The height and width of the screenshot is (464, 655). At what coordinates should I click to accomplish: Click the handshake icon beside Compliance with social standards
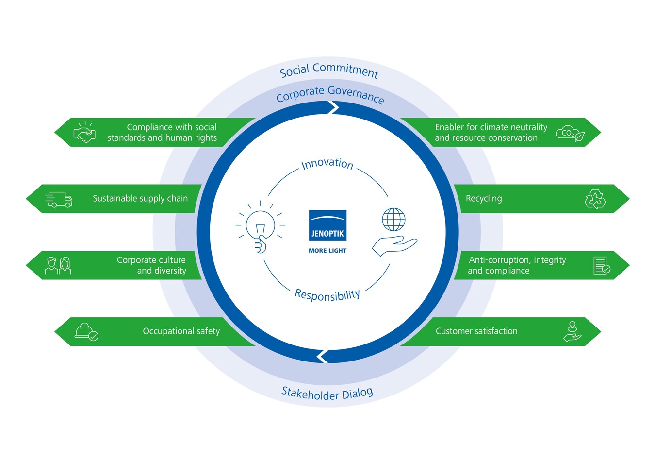point(84,132)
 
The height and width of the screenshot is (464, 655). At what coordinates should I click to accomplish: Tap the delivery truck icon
point(59,199)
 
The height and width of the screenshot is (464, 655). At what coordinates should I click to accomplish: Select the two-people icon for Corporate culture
point(58,265)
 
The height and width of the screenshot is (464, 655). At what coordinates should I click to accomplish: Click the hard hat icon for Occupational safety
point(86,332)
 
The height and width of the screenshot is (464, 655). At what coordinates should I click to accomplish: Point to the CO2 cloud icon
point(570,134)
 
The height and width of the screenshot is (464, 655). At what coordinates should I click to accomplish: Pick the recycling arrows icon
point(595,199)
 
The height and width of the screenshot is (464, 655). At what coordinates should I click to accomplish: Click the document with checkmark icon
point(602,265)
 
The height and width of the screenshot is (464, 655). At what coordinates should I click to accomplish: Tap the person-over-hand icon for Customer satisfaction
point(572,331)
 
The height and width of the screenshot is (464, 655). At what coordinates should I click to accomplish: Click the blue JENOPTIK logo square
point(327,225)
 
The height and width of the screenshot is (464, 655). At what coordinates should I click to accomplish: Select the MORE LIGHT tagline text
point(327,251)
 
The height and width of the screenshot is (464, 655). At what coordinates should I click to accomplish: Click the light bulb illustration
point(260,227)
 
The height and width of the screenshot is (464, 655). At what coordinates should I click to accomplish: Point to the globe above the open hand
point(393,220)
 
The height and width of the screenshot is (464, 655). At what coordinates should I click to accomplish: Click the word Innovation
point(327,164)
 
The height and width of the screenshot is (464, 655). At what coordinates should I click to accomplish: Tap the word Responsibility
point(327,295)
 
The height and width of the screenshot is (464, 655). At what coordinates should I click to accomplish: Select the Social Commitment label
point(329,70)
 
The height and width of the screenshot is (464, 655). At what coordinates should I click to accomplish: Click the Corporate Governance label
point(330,94)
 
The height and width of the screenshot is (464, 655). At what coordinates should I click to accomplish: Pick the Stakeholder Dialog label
point(327,394)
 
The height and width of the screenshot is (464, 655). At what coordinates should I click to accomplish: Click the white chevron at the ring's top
point(333,108)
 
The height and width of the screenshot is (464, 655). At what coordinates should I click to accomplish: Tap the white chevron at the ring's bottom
point(322,357)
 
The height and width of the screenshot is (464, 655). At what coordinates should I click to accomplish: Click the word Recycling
point(484,199)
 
